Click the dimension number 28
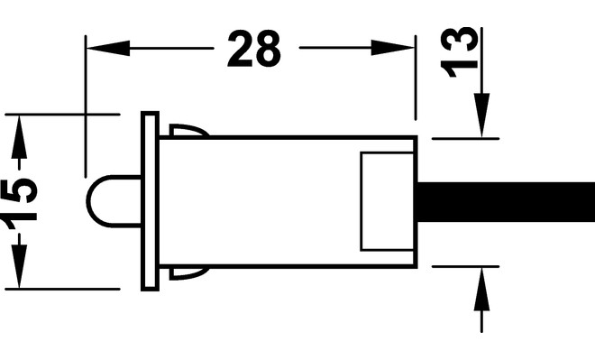(x=254, y=49)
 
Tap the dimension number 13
(x=459, y=51)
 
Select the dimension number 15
(x=20, y=204)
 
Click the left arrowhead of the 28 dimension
(x=108, y=48)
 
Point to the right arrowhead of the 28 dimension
(x=392, y=48)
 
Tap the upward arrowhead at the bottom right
(x=481, y=290)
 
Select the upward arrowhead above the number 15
(x=19, y=137)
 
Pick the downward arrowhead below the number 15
(x=19, y=266)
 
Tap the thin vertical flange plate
(x=150, y=201)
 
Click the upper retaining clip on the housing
(x=188, y=130)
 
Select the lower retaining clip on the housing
(x=188, y=273)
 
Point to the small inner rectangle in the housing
(x=387, y=201)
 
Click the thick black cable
(x=507, y=202)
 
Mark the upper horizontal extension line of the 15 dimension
(x=62, y=114)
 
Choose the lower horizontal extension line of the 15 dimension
(x=62, y=289)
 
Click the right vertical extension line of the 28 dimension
(x=416, y=78)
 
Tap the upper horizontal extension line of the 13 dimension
(x=465, y=139)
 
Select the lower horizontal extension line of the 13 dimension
(x=465, y=266)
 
